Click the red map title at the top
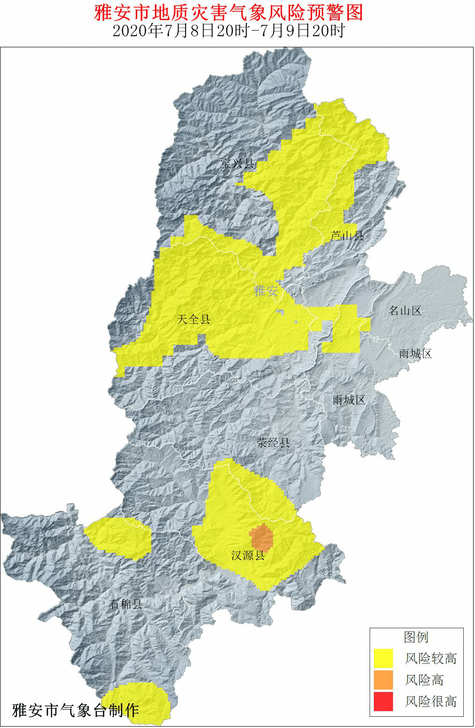[x=229, y=13]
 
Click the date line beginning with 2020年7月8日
[x=229, y=31]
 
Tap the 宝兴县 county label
[x=237, y=163]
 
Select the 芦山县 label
[x=347, y=235]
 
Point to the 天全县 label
[x=194, y=319]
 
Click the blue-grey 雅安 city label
[x=266, y=291]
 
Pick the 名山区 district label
[x=406, y=310]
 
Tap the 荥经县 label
[x=273, y=442]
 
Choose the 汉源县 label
[x=248, y=556]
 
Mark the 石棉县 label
[x=126, y=604]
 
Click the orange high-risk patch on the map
[x=261, y=537]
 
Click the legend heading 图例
[x=416, y=637]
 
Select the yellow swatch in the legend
[x=383, y=658]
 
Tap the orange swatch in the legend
[x=383, y=680]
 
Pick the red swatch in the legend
[x=383, y=701]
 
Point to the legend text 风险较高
[x=431, y=659]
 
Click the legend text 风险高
[x=424, y=680]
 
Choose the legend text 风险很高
[x=431, y=702]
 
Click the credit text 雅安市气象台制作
[x=75, y=710]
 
